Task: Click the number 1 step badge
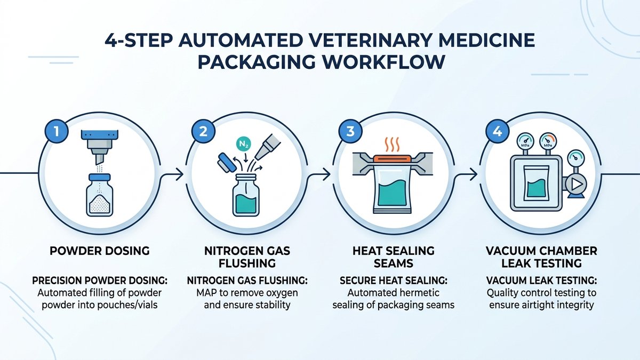tap(57, 131)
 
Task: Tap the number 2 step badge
tap(203, 131)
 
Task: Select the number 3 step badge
tap(350, 131)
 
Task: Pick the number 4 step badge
tap(498, 131)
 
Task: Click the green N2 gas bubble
tap(243, 144)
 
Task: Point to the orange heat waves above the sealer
tap(392, 145)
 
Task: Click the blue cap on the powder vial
tap(99, 177)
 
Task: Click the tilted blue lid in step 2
tap(226, 162)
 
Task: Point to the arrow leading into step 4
tap(466, 174)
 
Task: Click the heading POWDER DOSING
tap(100, 251)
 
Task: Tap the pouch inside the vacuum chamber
tap(537, 183)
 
